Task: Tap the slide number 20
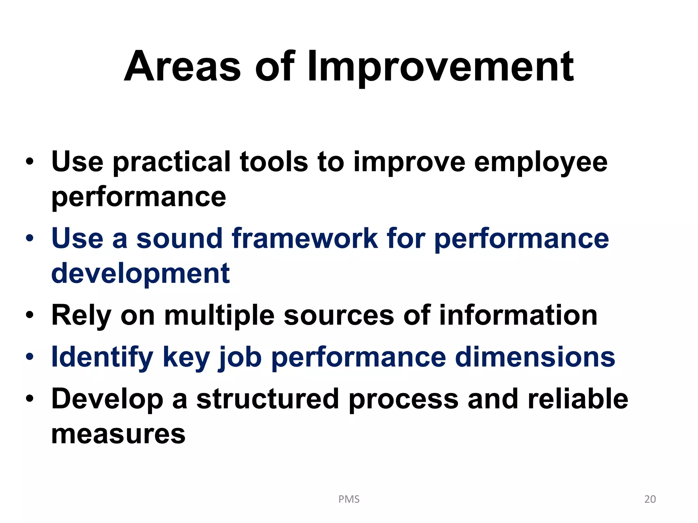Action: tap(650, 499)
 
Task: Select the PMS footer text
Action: tap(349, 499)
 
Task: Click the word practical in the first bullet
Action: tap(172, 162)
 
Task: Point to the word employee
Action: tap(541, 162)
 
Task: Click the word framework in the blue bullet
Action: tap(305, 238)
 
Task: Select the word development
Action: tap(140, 273)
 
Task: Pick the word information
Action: tap(518, 315)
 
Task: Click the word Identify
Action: tap(102, 357)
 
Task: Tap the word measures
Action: tap(118, 434)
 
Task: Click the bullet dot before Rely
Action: tap(30, 315)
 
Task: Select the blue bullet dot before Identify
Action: tap(30, 357)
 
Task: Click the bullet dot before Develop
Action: tap(30, 398)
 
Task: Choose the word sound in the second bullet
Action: tap(179, 238)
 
